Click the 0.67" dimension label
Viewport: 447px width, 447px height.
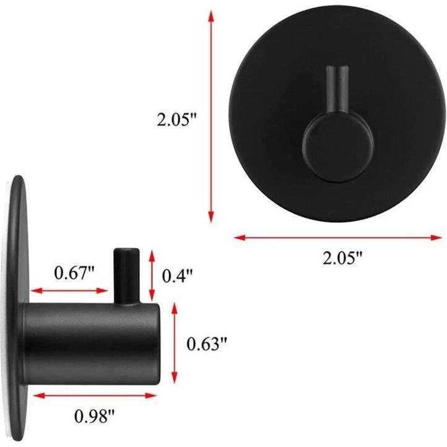[x=74, y=273]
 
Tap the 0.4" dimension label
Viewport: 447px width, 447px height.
[x=178, y=276]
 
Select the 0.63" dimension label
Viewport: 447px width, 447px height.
[x=207, y=344]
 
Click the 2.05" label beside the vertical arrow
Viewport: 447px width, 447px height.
[x=177, y=119]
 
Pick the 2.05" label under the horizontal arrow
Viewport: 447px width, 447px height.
[x=342, y=258]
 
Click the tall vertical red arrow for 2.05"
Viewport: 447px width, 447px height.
[x=211, y=116]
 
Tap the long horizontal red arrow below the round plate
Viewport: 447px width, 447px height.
[x=338, y=237]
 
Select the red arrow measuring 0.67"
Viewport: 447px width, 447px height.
[x=69, y=291]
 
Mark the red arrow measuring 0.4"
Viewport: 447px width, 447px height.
[x=152, y=276]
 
